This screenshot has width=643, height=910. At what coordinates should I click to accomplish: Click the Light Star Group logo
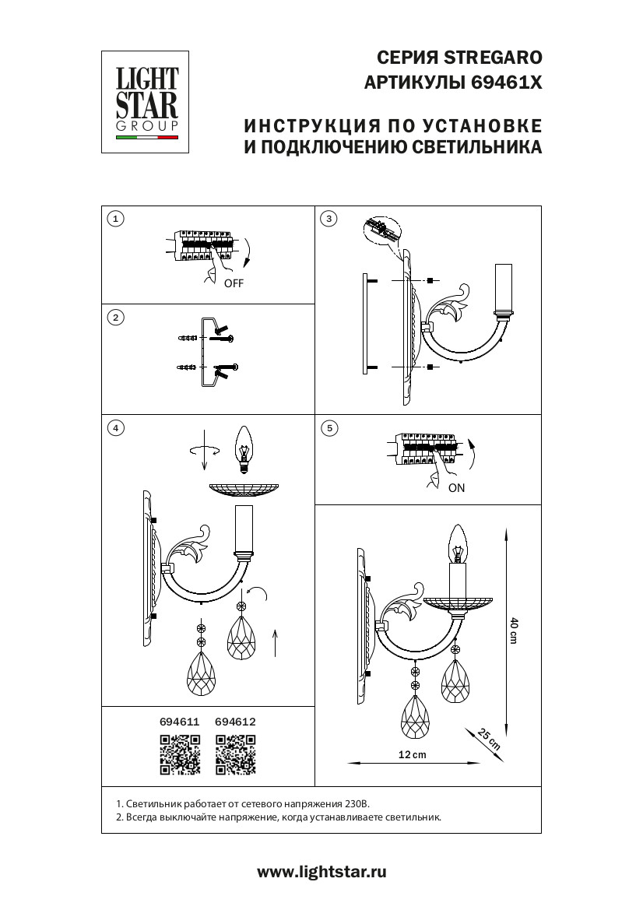pyautogui.click(x=145, y=102)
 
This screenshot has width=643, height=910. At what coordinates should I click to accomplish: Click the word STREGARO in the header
pyautogui.click(x=493, y=58)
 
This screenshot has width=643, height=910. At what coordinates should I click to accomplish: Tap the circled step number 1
pyautogui.click(x=116, y=219)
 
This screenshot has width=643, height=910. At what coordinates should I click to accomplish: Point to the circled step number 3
pyautogui.click(x=329, y=219)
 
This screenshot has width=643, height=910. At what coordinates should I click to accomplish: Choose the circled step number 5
pyautogui.click(x=329, y=428)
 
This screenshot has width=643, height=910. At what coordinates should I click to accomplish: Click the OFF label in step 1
pyautogui.click(x=234, y=283)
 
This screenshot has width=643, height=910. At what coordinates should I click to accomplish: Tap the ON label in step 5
pyautogui.click(x=457, y=488)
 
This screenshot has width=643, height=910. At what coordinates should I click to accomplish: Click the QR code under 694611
pyautogui.click(x=180, y=754)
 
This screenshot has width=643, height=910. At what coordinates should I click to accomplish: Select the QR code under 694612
pyautogui.click(x=236, y=754)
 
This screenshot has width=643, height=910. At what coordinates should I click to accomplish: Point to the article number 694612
pyautogui.click(x=235, y=722)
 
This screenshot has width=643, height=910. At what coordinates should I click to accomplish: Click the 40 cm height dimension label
pyautogui.click(x=514, y=631)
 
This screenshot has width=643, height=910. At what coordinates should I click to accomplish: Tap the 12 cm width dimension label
pyautogui.click(x=412, y=754)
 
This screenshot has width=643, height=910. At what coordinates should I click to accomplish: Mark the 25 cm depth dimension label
pyautogui.click(x=489, y=739)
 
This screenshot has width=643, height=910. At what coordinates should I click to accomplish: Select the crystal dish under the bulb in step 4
pyautogui.click(x=244, y=489)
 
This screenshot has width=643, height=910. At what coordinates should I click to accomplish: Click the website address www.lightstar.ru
pyautogui.click(x=321, y=872)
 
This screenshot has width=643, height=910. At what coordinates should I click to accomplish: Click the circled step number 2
pyautogui.click(x=116, y=318)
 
